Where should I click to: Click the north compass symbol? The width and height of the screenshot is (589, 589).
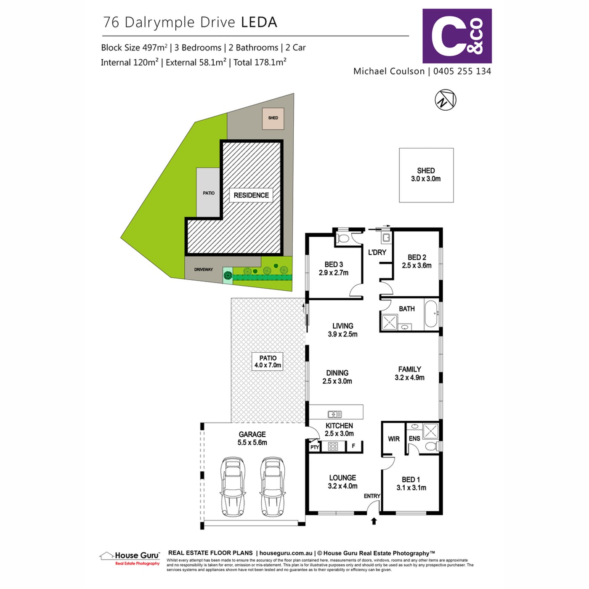[446, 100]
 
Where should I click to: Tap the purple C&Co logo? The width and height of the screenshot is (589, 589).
[457, 36]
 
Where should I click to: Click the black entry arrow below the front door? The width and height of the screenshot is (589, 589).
[374, 521]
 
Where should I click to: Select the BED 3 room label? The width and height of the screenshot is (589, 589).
[334, 268]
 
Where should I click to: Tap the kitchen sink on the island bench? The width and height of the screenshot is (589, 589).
[335, 414]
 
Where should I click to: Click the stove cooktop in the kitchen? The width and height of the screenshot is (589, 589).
[333, 446]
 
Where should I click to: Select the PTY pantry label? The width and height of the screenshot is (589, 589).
[315, 447]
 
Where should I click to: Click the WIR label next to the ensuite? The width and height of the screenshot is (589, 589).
[394, 439]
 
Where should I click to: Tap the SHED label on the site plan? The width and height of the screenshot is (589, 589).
[273, 118]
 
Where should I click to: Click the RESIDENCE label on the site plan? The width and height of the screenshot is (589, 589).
[251, 195]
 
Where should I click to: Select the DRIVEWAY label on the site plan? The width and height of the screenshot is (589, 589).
[204, 270]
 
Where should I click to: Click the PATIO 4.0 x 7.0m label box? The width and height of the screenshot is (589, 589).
[268, 361]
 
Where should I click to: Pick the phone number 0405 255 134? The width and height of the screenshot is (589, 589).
[462, 71]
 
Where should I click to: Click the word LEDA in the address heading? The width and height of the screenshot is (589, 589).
[259, 22]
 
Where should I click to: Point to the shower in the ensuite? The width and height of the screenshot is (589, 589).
[431, 431]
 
